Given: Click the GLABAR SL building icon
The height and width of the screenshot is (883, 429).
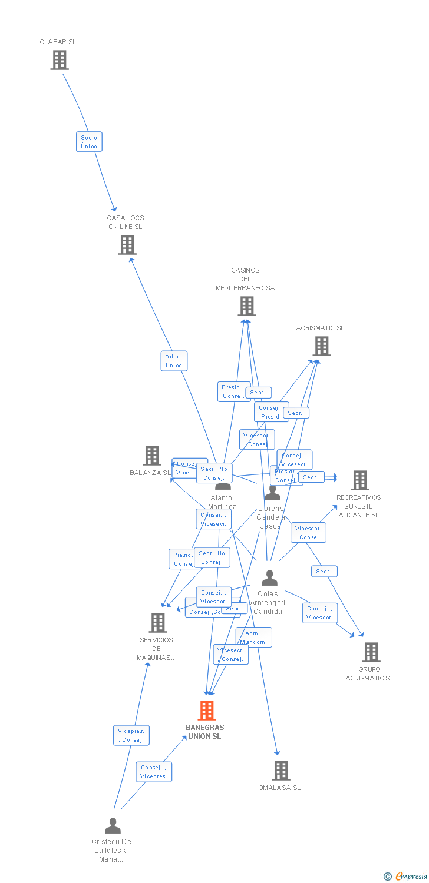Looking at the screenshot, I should point(59,60).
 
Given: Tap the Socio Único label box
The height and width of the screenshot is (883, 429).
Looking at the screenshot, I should point(89,142).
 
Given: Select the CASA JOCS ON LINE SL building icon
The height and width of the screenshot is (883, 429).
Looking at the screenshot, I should point(127,245).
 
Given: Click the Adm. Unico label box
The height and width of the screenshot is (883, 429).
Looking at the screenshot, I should point(174,361).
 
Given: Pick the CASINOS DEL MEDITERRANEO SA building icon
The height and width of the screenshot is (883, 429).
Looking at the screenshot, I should point(246,306).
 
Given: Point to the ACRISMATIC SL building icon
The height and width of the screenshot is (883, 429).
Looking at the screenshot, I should point(321,346).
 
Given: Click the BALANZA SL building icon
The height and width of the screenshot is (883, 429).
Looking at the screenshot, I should point(152,456).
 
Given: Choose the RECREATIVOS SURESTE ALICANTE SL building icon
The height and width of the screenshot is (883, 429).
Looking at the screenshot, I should point(359,480).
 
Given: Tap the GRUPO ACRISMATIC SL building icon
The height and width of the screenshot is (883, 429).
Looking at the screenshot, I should point(371,652).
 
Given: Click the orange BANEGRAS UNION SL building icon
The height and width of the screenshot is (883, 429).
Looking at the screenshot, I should point(206,711).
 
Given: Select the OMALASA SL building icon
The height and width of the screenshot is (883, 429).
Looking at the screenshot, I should point(280,770).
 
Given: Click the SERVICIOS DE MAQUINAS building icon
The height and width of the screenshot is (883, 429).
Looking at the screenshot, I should point(157,623).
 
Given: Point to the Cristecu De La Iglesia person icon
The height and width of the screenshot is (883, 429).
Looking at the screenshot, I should point(113,826).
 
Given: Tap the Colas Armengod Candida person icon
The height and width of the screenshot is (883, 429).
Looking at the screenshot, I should point(269,578).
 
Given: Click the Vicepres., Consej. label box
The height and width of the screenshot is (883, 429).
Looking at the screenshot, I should point(131,735).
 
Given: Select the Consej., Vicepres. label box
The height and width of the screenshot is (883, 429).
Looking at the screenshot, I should point(154,772).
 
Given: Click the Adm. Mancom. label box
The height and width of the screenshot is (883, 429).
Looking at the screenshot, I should point(255,637).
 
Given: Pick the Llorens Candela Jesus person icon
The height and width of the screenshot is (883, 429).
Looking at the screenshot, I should point(272,493).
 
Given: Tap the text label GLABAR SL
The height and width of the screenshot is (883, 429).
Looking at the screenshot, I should point(58,42).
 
